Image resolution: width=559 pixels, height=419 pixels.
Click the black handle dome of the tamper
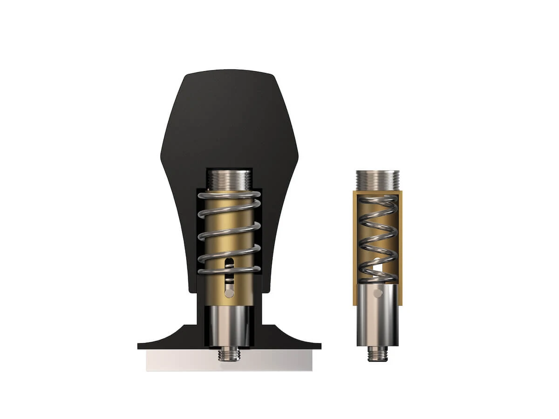[228, 116]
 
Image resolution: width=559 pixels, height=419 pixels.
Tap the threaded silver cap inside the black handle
[229, 179]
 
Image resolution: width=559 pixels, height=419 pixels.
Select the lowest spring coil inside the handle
[229, 270]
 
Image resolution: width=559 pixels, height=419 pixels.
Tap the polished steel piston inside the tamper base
[229, 326]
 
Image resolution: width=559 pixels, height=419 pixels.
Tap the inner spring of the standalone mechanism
[378, 237]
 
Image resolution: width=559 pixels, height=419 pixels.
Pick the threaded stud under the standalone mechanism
[378, 354]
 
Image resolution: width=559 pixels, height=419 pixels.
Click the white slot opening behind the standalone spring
[379, 269]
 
